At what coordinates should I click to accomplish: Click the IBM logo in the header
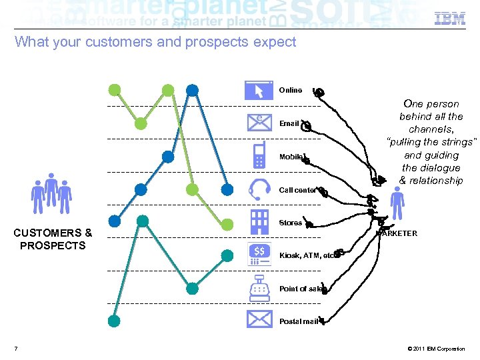click(450, 18)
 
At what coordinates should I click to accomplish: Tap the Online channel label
click(290, 90)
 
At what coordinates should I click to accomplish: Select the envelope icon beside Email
click(259, 123)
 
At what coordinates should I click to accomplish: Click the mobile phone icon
click(259, 155)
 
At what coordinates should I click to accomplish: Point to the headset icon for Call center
click(259, 189)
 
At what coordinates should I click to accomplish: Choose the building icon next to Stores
click(259, 221)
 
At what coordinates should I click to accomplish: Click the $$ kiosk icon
click(259, 254)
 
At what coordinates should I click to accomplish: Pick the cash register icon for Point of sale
click(259, 287)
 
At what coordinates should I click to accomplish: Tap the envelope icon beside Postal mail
click(259, 320)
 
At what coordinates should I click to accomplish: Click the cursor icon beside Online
click(259, 90)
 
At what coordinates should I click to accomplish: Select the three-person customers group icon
click(51, 193)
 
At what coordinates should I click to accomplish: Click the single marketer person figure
click(397, 203)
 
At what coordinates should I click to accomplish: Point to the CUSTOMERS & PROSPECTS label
click(53, 239)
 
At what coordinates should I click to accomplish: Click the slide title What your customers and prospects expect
click(155, 42)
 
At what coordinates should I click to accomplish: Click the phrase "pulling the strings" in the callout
click(432, 142)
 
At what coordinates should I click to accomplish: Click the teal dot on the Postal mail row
click(114, 321)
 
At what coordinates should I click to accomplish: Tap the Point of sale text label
click(301, 289)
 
